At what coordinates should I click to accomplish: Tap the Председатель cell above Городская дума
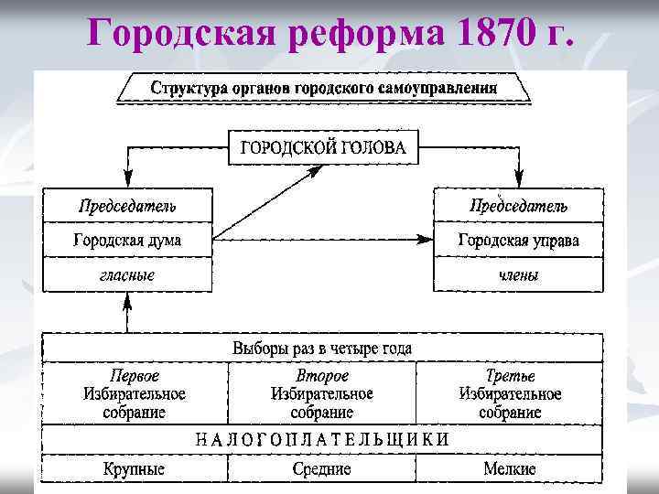(127, 205)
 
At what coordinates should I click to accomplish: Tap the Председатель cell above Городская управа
(518, 205)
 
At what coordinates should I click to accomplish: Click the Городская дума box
(127, 240)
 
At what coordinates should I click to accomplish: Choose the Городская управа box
(518, 240)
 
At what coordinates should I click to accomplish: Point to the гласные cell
(127, 274)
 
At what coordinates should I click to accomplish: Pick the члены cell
(518, 274)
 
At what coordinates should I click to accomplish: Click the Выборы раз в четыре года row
(322, 349)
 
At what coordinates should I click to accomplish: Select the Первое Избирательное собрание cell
(135, 394)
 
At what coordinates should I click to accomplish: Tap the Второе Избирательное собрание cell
(322, 394)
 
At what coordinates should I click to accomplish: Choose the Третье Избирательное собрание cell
(510, 394)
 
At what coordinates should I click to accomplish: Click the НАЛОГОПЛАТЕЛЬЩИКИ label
(322, 438)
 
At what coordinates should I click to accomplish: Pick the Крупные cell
(135, 468)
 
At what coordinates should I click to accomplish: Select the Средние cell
(322, 468)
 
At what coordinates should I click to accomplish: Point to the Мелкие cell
(510, 468)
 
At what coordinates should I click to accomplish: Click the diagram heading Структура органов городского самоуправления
(323, 89)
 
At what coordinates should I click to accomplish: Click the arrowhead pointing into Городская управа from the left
(425, 240)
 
